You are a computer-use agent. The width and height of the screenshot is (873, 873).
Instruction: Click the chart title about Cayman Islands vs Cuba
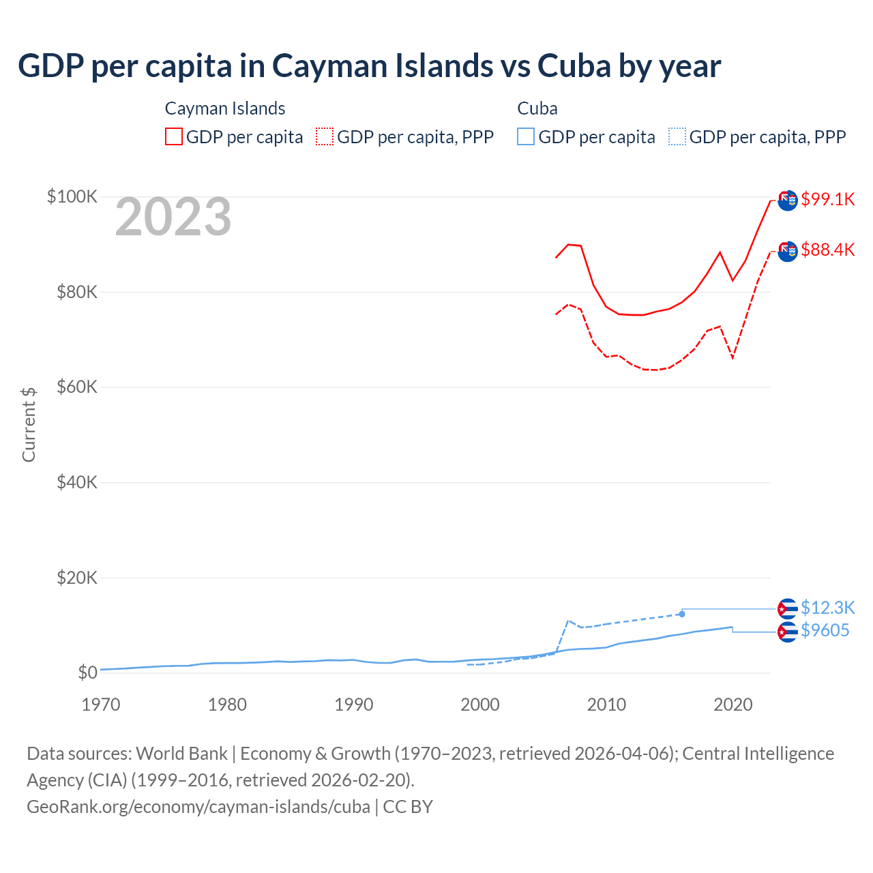(x=369, y=66)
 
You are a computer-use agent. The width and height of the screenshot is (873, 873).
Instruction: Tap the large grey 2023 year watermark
(x=173, y=217)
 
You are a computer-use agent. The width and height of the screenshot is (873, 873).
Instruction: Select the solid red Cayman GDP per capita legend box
(x=174, y=136)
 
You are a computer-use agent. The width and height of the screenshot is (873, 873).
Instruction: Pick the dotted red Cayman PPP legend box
(x=325, y=136)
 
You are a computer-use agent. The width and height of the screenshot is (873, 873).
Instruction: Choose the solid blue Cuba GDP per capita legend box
(x=526, y=136)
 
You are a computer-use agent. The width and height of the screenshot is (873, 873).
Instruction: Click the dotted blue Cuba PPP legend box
(x=677, y=136)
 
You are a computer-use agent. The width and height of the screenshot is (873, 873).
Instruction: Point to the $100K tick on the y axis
(x=72, y=196)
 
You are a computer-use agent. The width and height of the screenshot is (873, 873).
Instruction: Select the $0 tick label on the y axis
(x=87, y=672)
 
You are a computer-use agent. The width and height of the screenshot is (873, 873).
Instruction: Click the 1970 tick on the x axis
(x=101, y=705)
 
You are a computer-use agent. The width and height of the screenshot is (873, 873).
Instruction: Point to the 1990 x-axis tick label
(x=354, y=705)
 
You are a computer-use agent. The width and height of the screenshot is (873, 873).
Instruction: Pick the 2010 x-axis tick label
(x=606, y=705)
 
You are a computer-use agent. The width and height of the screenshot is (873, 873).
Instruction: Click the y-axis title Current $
(x=29, y=424)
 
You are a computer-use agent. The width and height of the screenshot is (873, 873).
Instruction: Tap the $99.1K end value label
(x=827, y=199)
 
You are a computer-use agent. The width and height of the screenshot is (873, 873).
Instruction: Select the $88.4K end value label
(x=827, y=250)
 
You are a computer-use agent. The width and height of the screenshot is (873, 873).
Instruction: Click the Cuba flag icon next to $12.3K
(x=788, y=608)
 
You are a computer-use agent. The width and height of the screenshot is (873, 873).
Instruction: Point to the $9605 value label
(x=825, y=630)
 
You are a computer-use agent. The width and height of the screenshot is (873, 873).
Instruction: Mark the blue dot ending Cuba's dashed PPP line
(x=681, y=614)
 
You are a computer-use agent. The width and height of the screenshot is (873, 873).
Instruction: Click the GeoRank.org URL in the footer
(x=198, y=807)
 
